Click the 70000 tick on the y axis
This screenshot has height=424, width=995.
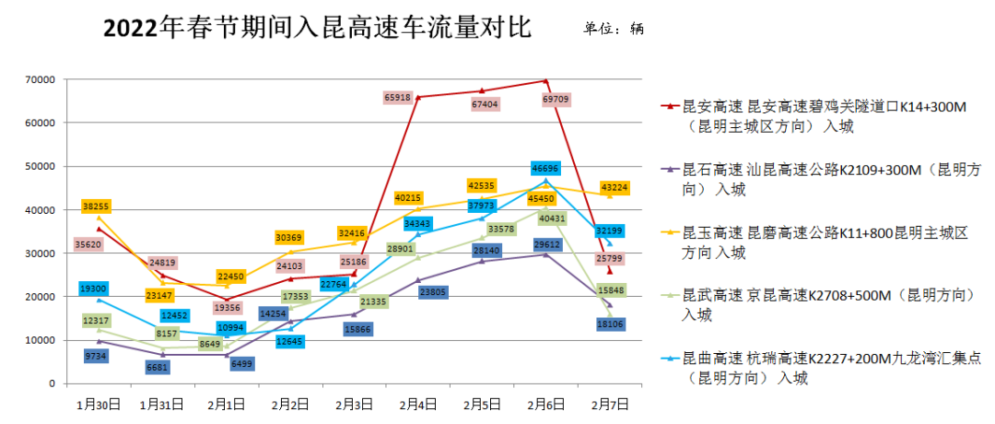tap(41, 79)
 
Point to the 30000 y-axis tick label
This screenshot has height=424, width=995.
tap(41, 253)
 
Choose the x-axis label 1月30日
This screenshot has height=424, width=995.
tap(98, 404)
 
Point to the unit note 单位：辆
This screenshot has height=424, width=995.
tap(614, 29)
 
